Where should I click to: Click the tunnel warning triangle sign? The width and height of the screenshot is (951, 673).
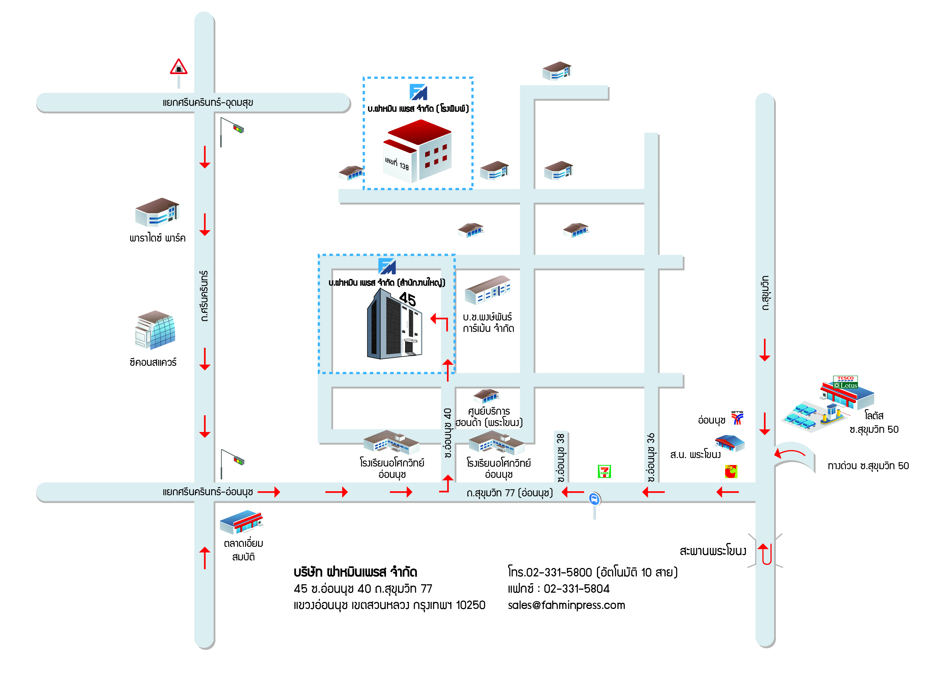[179, 67]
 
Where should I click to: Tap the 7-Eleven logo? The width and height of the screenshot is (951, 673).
[604, 471]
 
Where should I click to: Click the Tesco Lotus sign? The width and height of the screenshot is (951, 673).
[845, 382]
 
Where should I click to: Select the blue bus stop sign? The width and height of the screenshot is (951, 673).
[594, 499]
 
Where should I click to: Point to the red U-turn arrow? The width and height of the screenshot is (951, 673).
[766, 554]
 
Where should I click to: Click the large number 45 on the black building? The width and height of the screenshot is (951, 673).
[407, 299]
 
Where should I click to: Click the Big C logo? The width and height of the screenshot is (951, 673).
[731, 471]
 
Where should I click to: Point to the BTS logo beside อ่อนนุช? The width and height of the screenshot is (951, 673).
[737, 418]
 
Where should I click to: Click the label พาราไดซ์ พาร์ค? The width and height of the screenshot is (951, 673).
[158, 238]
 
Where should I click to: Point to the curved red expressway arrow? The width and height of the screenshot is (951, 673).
[789, 453]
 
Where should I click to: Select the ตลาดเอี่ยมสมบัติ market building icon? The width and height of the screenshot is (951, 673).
[242, 522]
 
